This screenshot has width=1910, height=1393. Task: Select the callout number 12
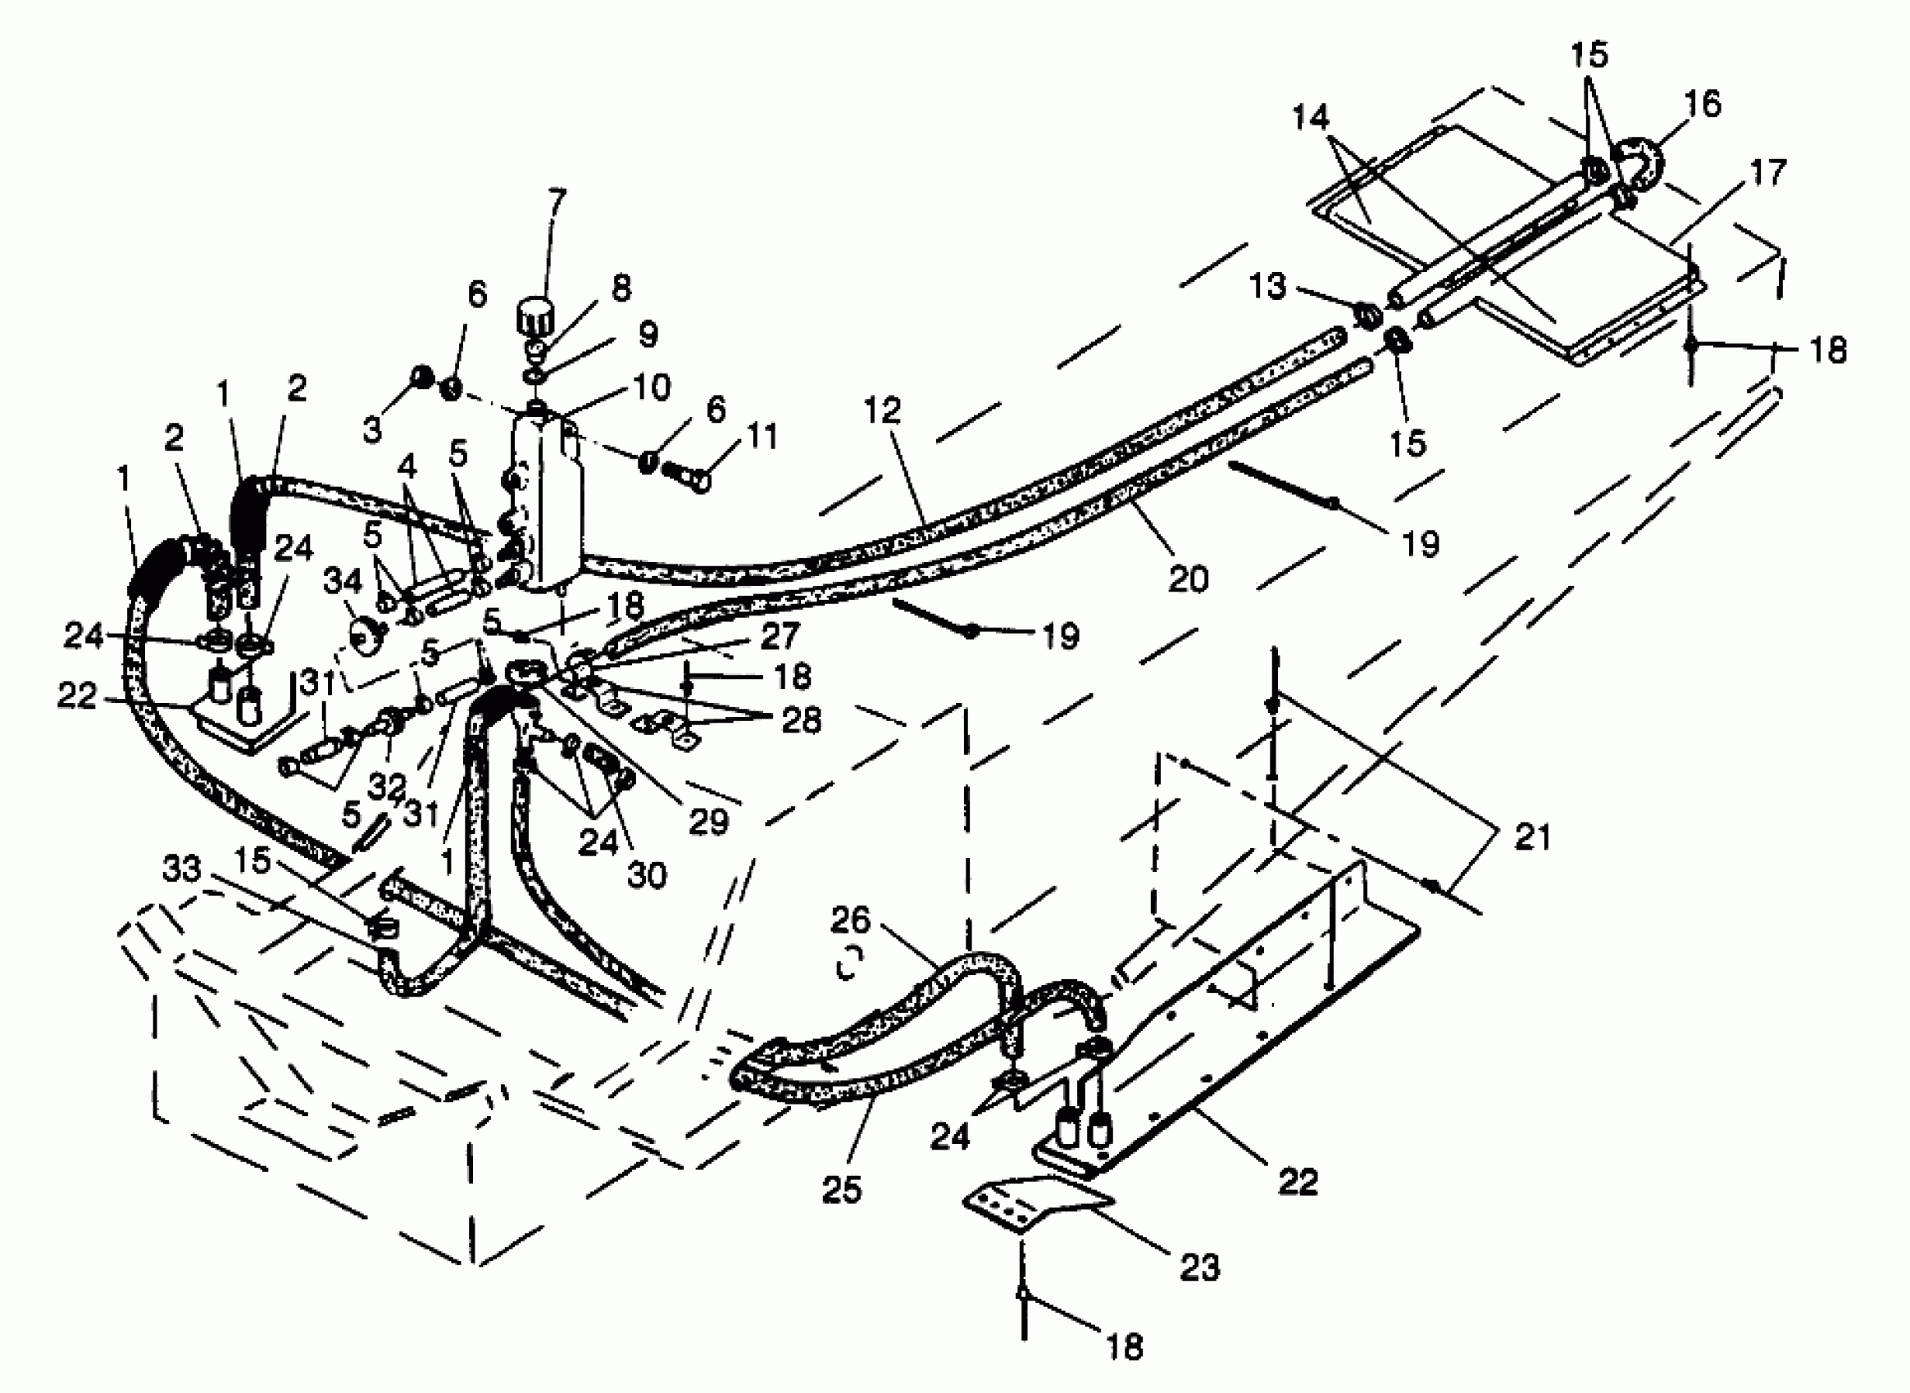[x=882, y=411]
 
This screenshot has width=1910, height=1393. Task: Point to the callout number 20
[x=1188, y=579]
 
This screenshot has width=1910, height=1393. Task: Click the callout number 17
[x=1768, y=173]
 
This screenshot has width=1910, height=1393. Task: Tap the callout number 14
[x=1310, y=118]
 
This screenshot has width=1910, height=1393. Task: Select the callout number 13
[x=1267, y=287]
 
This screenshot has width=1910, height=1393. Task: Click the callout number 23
[x=1199, y=1267]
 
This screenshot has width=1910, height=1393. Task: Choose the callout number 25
[x=841, y=1189]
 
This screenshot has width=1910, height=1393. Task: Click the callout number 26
[x=849, y=920]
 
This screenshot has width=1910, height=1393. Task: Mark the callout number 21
[x=1533, y=837]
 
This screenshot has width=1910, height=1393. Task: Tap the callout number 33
[x=181, y=868]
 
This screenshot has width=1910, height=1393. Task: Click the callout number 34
[x=343, y=581]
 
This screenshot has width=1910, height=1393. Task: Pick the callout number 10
[x=652, y=387]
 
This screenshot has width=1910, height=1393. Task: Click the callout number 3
[x=372, y=430]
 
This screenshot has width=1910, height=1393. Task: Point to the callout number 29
[x=707, y=820]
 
